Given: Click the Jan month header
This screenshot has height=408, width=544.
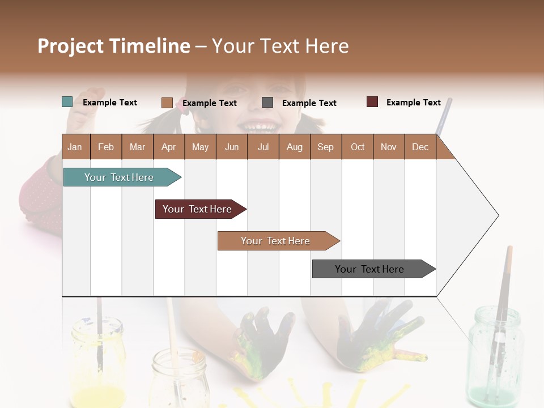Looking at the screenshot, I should (75, 147).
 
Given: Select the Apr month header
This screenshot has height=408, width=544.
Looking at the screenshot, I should (169, 147).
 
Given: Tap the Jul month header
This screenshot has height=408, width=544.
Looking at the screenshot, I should (263, 147).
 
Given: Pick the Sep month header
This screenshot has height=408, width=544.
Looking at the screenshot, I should (325, 147).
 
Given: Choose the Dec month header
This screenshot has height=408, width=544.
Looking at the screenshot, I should (420, 147).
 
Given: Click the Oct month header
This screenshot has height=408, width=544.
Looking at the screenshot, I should (357, 147).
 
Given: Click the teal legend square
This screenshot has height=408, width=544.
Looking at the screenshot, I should (67, 102).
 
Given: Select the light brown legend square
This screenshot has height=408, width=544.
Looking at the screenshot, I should (167, 103).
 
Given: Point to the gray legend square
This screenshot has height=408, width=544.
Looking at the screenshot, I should (267, 103).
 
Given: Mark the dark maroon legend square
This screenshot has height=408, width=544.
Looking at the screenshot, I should (372, 102).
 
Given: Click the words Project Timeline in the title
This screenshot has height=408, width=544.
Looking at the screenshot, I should (114, 46).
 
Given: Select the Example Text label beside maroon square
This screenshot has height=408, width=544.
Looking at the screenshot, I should (413, 103).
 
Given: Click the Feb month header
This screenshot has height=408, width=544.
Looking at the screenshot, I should (106, 147).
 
